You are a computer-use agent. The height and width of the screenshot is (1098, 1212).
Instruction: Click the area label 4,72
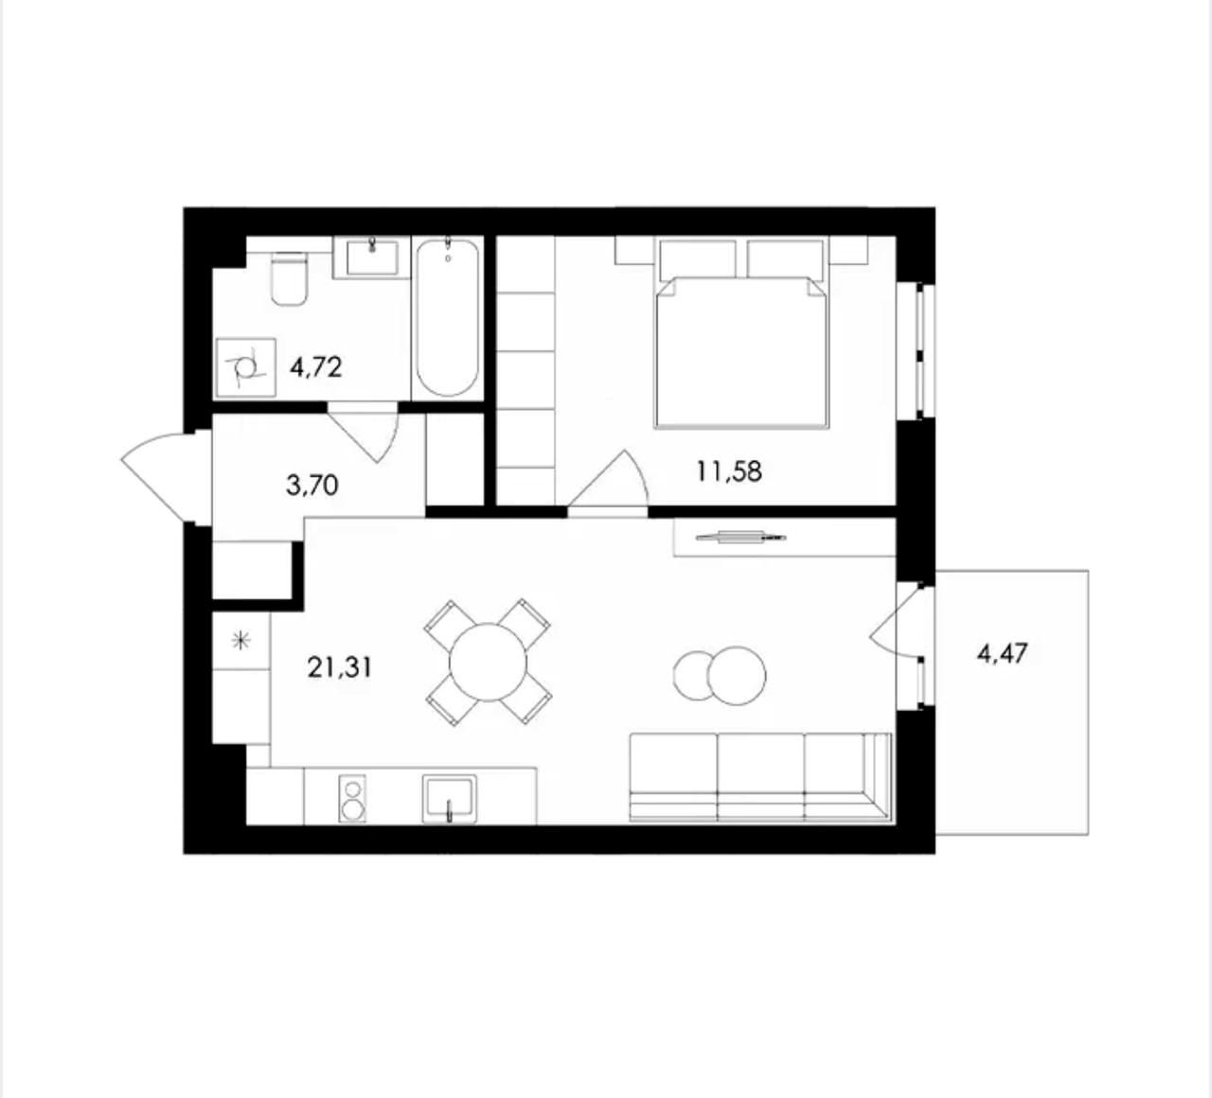pyautogui.click(x=316, y=367)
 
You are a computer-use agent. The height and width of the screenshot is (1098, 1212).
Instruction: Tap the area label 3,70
pyautogui.click(x=312, y=485)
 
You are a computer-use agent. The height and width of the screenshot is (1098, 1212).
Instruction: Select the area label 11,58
pyautogui.click(x=729, y=471)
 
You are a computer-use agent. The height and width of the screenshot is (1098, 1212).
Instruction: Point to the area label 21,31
pyautogui.click(x=340, y=667)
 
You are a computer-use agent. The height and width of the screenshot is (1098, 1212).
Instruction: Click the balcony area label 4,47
pyautogui.click(x=1003, y=653)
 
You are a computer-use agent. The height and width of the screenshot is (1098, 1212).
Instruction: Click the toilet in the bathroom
pyautogui.click(x=290, y=278)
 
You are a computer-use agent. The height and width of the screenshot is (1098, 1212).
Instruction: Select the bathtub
pyautogui.click(x=448, y=318)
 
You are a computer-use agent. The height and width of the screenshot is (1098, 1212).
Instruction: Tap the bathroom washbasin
pyautogui.click(x=372, y=257)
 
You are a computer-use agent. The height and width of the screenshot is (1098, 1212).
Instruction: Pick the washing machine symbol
pyautogui.click(x=246, y=367)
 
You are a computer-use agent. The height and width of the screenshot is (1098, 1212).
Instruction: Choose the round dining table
pyautogui.click(x=489, y=662)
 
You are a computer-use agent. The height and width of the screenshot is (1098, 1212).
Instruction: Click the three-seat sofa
pyautogui.click(x=760, y=777)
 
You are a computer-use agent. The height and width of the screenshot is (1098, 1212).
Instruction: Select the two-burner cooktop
pyautogui.click(x=353, y=799)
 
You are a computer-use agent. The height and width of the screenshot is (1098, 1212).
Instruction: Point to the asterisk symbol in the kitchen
pyautogui.click(x=241, y=641)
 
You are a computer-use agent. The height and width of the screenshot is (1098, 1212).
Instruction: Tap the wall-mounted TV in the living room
pyautogui.click(x=741, y=537)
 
